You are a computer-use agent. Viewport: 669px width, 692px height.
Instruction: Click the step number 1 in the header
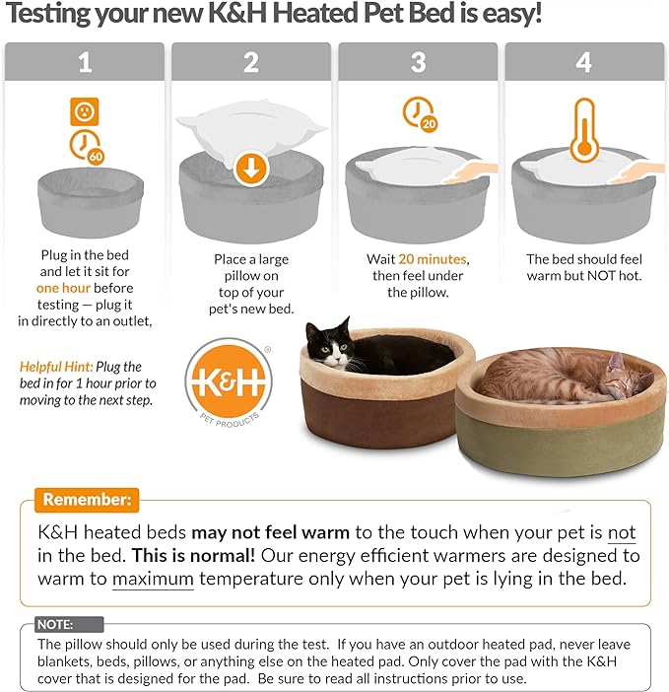86,63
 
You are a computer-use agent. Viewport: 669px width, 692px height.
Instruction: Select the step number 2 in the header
252,63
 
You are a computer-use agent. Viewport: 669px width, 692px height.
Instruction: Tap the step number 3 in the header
418,63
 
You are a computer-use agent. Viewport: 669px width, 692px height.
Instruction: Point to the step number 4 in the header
584,63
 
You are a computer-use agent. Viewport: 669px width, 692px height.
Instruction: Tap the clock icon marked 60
86,147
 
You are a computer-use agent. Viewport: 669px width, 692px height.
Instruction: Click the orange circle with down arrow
252,168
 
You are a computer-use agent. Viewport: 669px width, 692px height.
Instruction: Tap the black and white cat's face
327,348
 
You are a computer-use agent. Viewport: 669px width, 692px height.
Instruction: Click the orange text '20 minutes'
433,259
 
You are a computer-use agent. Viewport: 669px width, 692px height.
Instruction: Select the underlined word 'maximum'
153,579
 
